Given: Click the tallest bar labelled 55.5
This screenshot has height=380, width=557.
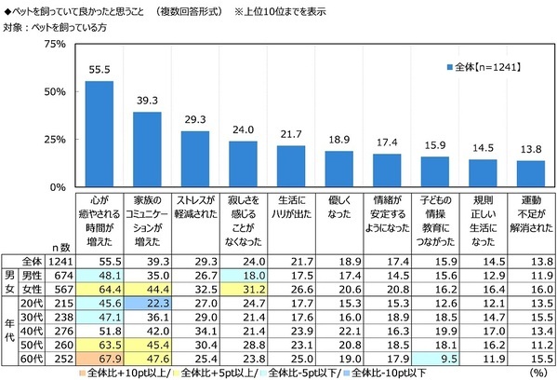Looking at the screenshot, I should click(99, 133).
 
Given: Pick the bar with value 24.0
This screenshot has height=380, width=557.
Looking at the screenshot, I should click(243, 163).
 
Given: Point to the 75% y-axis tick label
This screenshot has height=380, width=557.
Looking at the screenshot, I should click(52, 44).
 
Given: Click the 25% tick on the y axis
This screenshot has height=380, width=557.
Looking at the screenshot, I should click(52, 139).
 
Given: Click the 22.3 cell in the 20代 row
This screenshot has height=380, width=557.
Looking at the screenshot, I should click(147, 303).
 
